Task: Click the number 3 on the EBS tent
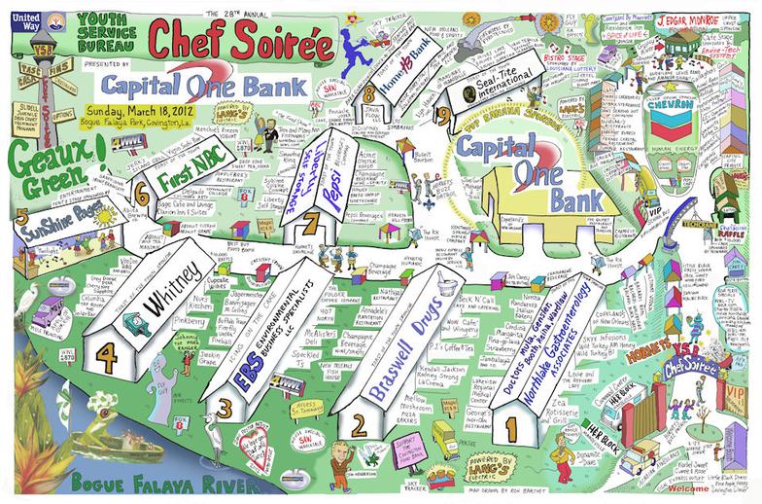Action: click(x=225, y=404)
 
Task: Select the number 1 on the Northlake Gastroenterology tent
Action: click(x=507, y=424)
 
